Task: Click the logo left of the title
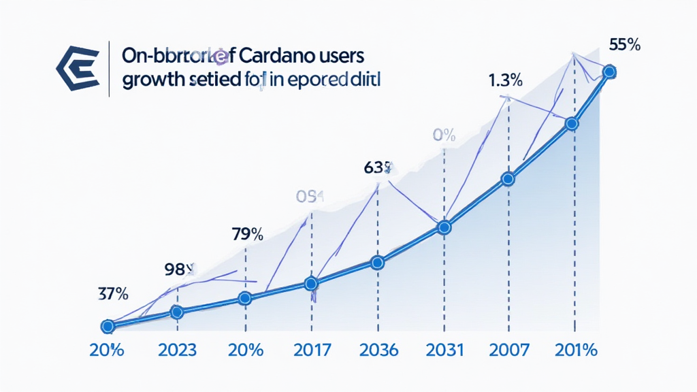[x=77, y=68]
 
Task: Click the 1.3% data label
[x=505, y=80]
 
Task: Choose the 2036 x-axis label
[x=378, y=350]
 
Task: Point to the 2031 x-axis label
[x=444, y=350]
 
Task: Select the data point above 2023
[x=177, y=312]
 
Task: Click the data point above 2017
[x=311, y=283]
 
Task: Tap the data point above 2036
[x=378, y=263]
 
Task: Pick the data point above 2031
[x=444, y=228]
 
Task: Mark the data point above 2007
[x=508, y=180]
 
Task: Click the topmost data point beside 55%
[x=609, y=71]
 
